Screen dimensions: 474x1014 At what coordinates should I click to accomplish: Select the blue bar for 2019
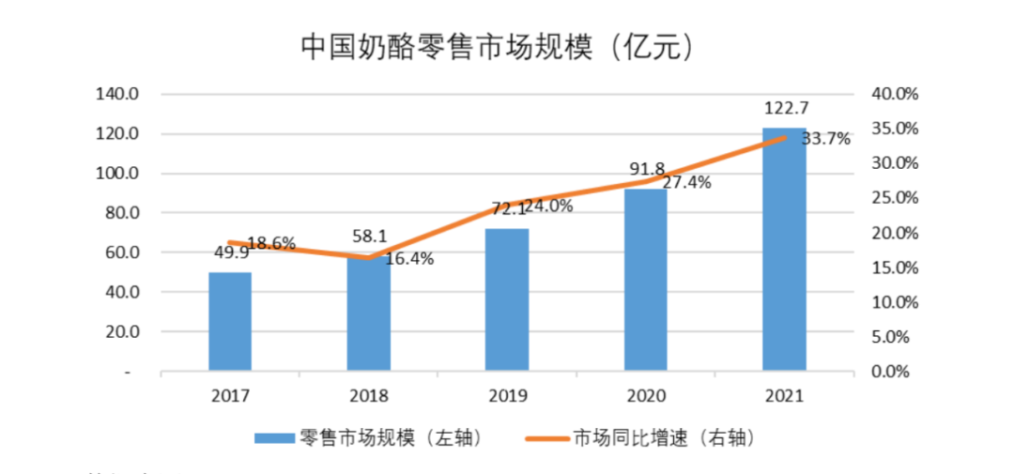coord(507,299)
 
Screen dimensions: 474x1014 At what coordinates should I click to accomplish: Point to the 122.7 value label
coord(785,108)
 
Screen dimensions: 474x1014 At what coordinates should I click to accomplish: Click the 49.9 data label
coord(230,252)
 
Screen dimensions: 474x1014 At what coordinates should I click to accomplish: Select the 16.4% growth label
coord(410,259)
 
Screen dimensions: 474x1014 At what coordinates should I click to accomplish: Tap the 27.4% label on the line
coord(687,183)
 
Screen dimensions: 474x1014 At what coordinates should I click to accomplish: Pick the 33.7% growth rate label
coord(826,139)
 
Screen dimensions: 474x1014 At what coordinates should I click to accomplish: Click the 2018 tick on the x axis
coord(368,397)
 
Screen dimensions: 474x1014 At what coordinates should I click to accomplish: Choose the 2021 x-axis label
coord(784,397)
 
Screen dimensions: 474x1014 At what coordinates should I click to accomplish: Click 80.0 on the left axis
coord(119,213)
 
